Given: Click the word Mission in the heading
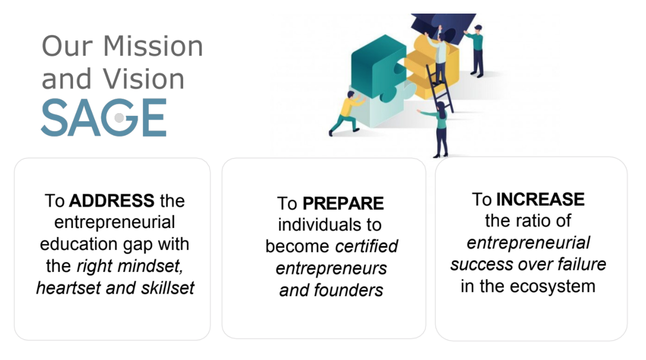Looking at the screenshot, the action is pos(153,46).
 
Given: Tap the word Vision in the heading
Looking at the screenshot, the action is pos(143,78).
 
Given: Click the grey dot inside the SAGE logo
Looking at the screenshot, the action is pos(119,118).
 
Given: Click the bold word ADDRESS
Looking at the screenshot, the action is pos(112,200).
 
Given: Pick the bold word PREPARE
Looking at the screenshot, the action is pos(343,203).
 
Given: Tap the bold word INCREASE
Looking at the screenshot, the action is pos(540,199).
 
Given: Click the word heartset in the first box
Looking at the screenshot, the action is pos(68,287).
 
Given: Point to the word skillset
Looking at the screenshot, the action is pos(168,287).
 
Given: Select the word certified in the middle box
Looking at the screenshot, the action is pos(366,246).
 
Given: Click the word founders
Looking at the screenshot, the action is pos(349,290).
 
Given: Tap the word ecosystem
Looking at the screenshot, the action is pos(552,286).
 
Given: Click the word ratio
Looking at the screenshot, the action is pos(529,221).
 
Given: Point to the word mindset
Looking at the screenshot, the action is pos(150,266).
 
